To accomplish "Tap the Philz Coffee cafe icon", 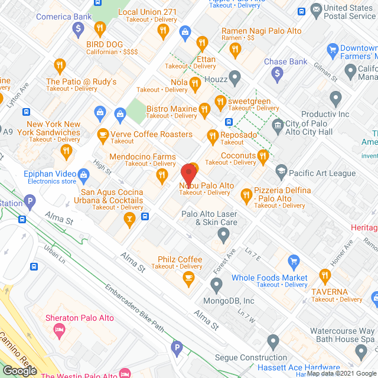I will tap(188, 279).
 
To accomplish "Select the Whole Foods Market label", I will tap(269, 278).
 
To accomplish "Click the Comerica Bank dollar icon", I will tap(77, 28).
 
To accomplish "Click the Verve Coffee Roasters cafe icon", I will tap(103, 135).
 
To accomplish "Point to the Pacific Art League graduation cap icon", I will tap(281, 172).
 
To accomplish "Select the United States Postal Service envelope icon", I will tap(316, 9).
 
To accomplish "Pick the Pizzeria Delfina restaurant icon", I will tap(246, 193).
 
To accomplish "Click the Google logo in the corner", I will tap(19, 370).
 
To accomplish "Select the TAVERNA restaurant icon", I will tap(324, 275).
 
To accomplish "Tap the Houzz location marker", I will tap(235, 76).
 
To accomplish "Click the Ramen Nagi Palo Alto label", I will tap(261, 31).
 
